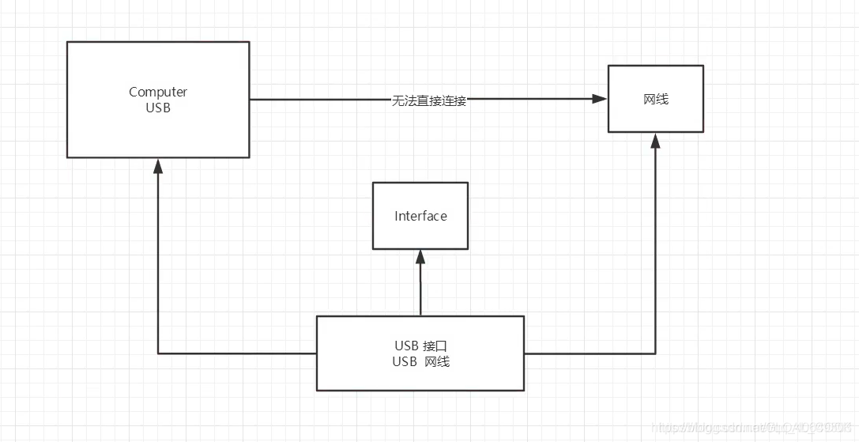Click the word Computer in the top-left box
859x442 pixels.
tap(158, 93)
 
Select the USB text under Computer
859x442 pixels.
tap(158, 108)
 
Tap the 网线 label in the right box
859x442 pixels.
tap(655, 99)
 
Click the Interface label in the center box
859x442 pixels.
tap(420, 216)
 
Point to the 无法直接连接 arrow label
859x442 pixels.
tap(429, 100)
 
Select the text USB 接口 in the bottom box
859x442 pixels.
tap(421, 346)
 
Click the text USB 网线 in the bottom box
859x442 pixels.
tap(421, 361)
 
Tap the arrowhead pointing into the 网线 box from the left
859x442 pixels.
tap(600, 99)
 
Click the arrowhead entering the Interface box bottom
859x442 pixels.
tap(420, 256)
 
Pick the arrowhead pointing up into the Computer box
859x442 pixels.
tap(159, 165)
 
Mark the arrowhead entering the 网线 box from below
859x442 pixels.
tap(655, 140)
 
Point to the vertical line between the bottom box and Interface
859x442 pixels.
tap(420, 289)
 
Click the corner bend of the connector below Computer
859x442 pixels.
tap(159, 353)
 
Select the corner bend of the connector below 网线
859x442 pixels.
tap(655, 353)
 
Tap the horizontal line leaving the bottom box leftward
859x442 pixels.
tap(237, 353)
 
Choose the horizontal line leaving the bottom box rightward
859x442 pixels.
tap(589, 353)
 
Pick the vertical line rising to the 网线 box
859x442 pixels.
tap(655, 253)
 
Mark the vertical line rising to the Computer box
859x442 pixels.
tap(159, 261)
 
